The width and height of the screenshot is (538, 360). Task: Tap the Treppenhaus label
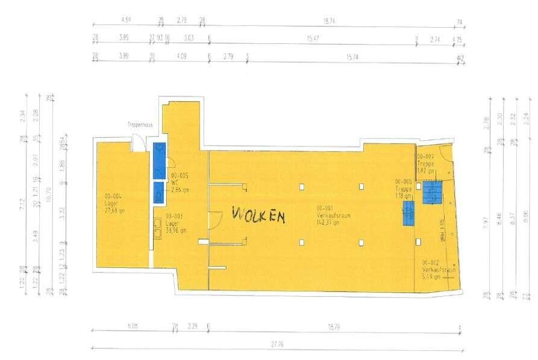click(140, 125)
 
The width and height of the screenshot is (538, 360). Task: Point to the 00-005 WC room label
click(180, 181)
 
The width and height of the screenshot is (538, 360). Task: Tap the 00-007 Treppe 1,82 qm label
click(426, 163)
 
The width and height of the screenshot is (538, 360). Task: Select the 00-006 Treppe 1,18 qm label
click(404, 188)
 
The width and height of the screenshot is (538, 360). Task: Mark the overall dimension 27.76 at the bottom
click(277, 344)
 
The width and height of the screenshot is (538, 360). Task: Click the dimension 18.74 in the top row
click(328, 20)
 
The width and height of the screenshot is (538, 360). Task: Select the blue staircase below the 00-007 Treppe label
click(432, 193)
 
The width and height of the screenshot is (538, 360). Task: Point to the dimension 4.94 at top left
click(126, 20)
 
